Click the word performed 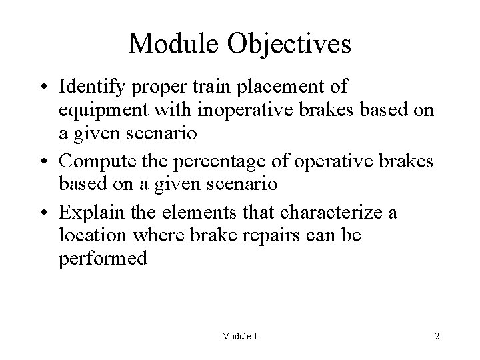tap(102, 259)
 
